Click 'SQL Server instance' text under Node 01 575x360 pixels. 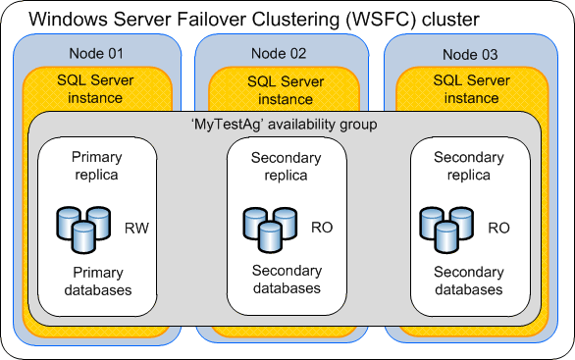pos(95,89)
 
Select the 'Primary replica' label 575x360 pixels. pos(96,165)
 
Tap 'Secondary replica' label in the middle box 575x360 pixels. pos(286,167)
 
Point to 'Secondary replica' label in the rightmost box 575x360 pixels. pos(468,165)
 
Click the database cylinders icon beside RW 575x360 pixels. pos(84,226)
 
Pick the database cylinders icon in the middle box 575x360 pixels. pos(270,227)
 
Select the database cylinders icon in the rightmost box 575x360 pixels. pos(445,226)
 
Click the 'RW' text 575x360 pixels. pos(136,227)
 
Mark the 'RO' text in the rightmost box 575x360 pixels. pos(499,227)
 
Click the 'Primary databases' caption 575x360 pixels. pos(95,282)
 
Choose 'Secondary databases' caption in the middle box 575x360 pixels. pos(286,280)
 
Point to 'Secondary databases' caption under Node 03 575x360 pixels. pos(468,282)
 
